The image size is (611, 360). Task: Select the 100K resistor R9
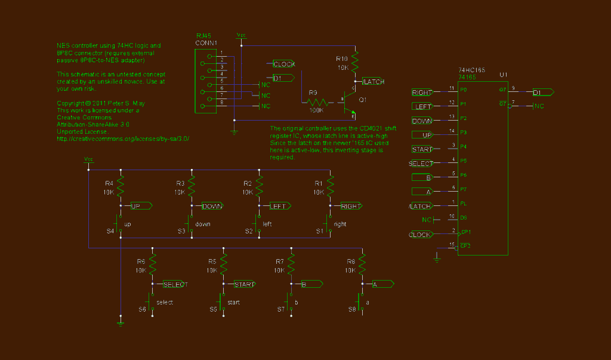(x=317, y=102)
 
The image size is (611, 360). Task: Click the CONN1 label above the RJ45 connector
(x=206, y=43)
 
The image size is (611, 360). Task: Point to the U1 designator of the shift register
(x=503, y=75)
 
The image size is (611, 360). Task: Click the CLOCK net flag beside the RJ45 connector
(x=284, y=64)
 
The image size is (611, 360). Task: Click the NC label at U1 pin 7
(x=539, y=106)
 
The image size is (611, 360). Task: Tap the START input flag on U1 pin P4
(x=423, y=149)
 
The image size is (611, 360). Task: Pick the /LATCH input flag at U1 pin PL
(x=422, y=206)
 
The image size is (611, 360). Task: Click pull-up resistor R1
(x=330, y=186)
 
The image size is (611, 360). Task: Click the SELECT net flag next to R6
(x=175, y=285)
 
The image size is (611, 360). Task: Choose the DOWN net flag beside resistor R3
(x=212, y=206)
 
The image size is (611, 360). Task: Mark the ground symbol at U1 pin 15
(x=437, y=257)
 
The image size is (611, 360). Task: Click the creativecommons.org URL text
(x=123, y=139)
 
